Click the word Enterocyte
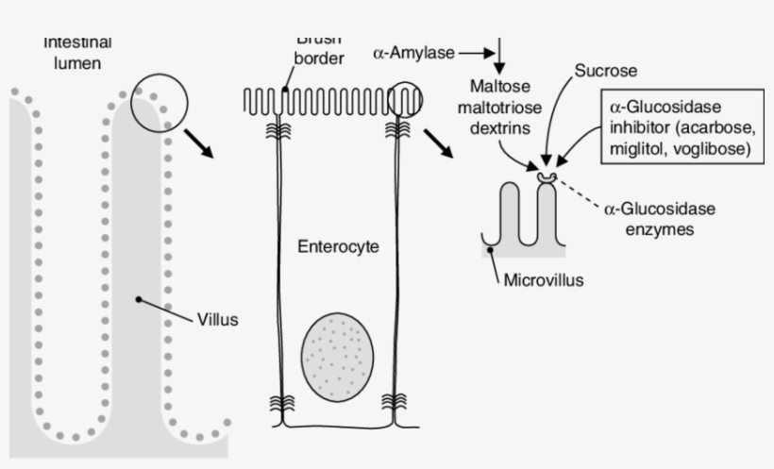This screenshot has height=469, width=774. [338, 247]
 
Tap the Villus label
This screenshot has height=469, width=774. [217, 319]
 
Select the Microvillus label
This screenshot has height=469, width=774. [544, 279]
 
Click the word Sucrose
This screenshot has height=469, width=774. [607, 71]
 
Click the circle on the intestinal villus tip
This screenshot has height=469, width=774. [159, 100]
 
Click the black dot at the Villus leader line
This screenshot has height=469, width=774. [139, 299]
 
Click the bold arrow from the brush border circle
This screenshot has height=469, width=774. [437, 143]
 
